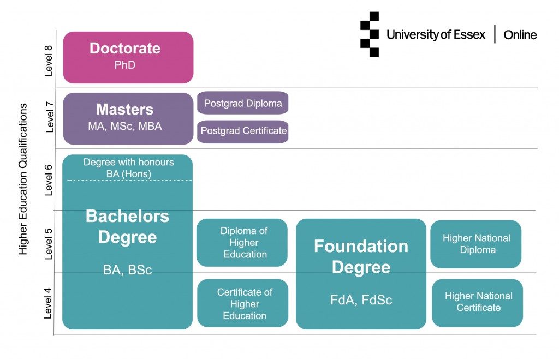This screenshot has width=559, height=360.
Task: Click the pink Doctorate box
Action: pos(128,57)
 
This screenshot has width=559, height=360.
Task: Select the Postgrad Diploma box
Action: pos(243,103)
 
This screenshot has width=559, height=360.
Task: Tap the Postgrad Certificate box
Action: pos(243,132)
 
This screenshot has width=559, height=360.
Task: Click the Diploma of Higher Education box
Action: pos(242,243)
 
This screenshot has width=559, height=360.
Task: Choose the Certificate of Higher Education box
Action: pos(243,303)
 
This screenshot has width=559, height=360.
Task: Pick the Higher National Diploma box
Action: pos(476,244)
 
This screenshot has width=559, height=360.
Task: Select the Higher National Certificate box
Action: pos(477,303)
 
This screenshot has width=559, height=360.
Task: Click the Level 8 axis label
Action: pos(48,61)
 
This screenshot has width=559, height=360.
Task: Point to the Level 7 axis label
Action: pos(49,117)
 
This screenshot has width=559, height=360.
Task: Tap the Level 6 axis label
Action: pos(48,180)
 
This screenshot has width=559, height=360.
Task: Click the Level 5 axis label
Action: pos(48,244)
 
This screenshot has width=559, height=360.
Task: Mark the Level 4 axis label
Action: pos(47,303)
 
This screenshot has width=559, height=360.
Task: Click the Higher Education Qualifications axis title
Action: pos(23,179)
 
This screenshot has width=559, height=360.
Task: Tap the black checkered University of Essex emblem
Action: pos(370,34)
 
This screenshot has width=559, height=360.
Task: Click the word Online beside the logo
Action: pos(520,35)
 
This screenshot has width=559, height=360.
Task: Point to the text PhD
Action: pos(125,65)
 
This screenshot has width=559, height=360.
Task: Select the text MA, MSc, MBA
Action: pos(125,127)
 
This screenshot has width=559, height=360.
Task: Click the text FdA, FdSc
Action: pos(361,300)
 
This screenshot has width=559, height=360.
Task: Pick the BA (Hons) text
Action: pos(129,174)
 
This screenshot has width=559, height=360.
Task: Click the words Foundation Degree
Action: pos(361,256)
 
